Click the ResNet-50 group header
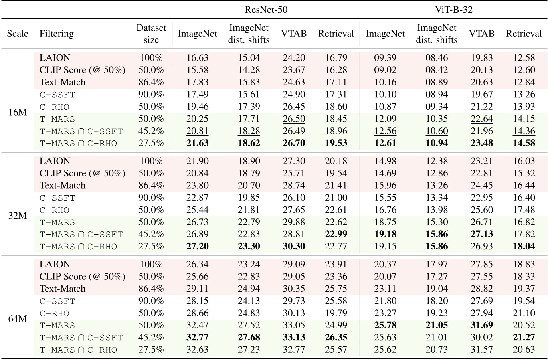pos(266,10)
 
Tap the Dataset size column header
pos(151,34)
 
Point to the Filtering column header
pos(56,34)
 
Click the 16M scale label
pos(18,113)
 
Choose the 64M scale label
pos(18,319)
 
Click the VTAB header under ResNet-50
pos(294,34)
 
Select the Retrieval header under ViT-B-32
pos(524,34)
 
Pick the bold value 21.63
pos(198,143)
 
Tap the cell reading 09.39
pos(385,58)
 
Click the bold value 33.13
pos(294,338)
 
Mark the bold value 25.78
pos(385,325)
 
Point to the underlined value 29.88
pos(294,222)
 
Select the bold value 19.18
pos(385,234)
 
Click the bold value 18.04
pos(524,247)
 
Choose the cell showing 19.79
pos(336,313)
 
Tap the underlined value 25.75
pos(336,289)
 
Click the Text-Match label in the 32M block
pos(62,186)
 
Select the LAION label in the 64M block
pos(55,264)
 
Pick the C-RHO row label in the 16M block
pos(55,107)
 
